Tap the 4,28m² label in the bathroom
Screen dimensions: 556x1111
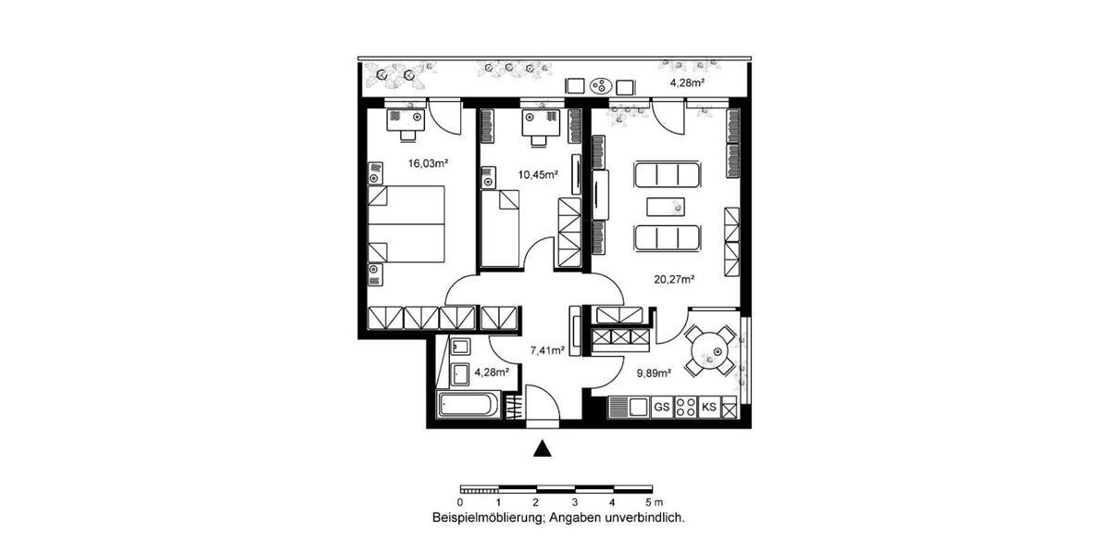[x=492, y=373]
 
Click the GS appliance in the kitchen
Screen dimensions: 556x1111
[x=661, y=407]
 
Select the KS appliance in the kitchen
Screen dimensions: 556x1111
[x=709, y=407]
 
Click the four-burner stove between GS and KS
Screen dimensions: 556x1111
[x=686, y=407]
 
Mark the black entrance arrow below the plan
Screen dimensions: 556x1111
[x=543, y=449]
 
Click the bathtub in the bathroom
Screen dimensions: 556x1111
[x=469, y=406]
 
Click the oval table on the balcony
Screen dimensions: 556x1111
[x=601, y=86]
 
